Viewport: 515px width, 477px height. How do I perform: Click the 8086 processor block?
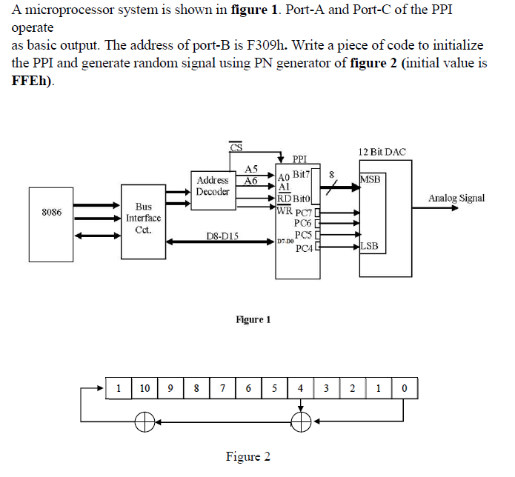[x=52, y=213]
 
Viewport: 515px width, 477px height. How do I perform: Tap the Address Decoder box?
[x=213, y=185]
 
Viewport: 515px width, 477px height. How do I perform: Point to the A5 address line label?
[x=250, y=170]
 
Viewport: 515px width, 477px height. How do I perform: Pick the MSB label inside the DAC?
[x=371, y=179]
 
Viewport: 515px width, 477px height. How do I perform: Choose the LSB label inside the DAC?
[x=371, y=247]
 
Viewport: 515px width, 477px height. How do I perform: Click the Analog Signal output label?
[x=456, y=198]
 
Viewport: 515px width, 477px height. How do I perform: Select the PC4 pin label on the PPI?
[x=303, y=248]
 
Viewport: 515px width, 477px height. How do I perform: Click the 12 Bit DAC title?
[x=381, y=152]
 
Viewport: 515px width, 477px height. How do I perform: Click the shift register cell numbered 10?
[x=144, y=387]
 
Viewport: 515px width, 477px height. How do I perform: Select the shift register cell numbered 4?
[x=300, y=387]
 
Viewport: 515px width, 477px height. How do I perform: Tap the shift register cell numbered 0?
[x=404, y=387]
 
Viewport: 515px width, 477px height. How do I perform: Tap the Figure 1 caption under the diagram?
[x=253, y=319]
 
